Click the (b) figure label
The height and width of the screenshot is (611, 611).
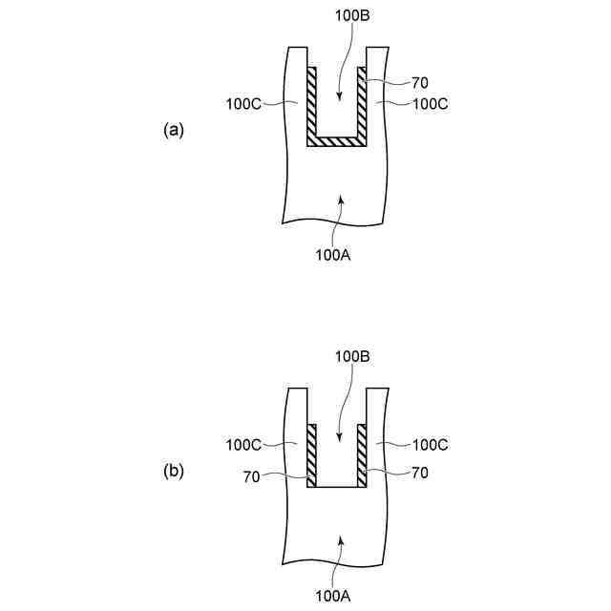(173, 470)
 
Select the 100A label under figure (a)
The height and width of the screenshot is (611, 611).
(334, 254)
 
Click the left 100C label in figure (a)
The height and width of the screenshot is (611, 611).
(244, 102)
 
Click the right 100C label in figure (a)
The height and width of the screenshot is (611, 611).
(429, 102)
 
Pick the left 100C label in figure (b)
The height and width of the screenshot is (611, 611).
(244, 445)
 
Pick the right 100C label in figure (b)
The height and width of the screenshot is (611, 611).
(429, 445)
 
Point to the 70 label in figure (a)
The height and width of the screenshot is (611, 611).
(418, 82)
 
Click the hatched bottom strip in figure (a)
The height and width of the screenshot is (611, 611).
(337, 141)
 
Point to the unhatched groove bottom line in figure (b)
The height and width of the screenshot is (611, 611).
(337, 487)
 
